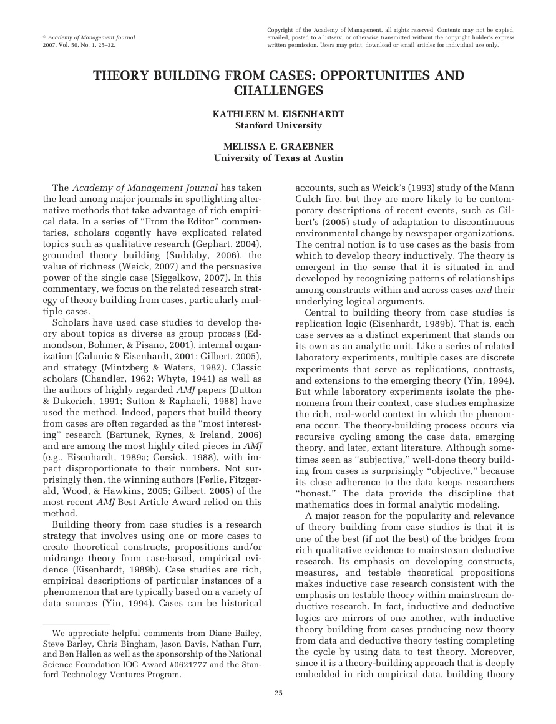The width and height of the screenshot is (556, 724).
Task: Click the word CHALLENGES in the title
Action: point(278,91)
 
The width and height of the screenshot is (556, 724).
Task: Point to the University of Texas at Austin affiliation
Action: point(278,158)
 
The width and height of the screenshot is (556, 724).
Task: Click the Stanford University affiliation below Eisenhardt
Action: point(278,125)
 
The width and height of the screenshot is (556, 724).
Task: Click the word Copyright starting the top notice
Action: point(281,30)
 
